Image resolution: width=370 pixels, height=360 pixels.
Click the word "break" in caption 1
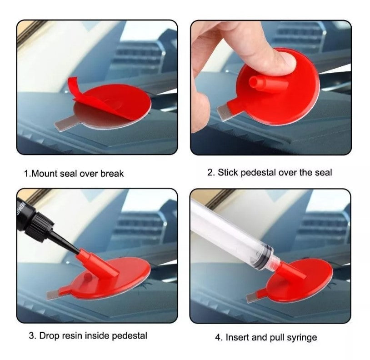pyautogui.click(x=112, y=174)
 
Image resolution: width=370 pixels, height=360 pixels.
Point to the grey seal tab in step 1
pyautogui.click(x=63, y=122)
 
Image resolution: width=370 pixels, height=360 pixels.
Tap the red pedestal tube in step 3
pyautogui.click(x=99, y=262)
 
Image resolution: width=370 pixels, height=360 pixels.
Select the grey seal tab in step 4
pyautogui.click(x=251, y=298)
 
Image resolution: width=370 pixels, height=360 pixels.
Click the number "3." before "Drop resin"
pyautogui.click(x=32, y=336)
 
